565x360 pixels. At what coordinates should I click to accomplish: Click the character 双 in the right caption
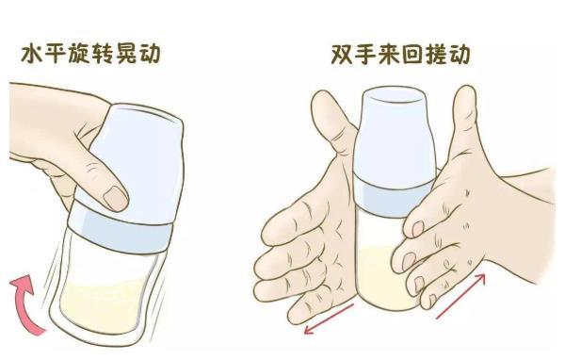(343, 54)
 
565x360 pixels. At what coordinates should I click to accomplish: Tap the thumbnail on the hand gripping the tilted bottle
(116, 198)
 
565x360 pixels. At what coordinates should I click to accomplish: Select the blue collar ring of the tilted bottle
(121, 234)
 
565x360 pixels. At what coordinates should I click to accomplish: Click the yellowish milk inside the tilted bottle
(105, 304)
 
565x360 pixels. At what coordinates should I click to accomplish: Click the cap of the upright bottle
(395, 136)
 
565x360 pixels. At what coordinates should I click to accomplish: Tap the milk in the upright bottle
(385, 278)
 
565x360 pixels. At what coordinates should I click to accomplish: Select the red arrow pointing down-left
(329, 319)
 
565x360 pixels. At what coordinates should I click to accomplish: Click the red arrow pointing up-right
(460, 297)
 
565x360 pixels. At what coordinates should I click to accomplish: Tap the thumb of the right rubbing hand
(465, 119)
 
